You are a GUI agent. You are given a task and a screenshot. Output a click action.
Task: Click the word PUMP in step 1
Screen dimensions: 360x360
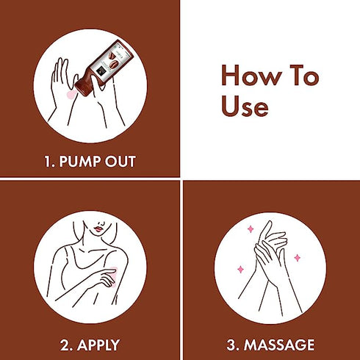click(x=80, y=162)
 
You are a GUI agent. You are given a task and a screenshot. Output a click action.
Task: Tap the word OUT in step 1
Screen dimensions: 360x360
click(x=120, y=162)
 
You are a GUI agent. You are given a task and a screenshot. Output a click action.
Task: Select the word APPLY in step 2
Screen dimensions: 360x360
click(x=98, y=345)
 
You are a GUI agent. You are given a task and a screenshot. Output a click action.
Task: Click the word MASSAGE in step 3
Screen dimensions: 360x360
click(x=279, y=345)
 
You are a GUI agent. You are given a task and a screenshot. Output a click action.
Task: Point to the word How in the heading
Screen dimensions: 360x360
click(x=251, y=76)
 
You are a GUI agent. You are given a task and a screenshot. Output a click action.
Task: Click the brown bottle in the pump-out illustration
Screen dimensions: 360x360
click(x=104, y=67)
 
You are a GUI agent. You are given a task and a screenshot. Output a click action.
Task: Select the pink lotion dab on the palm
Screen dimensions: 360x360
click(x=71, y=95)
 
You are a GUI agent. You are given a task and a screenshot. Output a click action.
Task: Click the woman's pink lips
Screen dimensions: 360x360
click(x=98, y=229)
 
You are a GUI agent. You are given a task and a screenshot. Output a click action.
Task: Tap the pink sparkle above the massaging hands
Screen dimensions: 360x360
click(x=251, y=229)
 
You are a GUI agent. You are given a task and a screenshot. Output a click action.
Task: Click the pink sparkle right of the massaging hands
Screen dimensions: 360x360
click(x=298, y=258)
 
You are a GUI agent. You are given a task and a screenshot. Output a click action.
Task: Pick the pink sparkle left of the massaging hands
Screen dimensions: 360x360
click(x=241, y=270)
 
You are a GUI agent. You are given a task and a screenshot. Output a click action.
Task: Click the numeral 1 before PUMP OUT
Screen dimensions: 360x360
click(x=48, y=162)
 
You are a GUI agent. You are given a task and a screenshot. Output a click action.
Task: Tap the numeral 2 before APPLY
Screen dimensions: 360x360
click(x=65, y=345)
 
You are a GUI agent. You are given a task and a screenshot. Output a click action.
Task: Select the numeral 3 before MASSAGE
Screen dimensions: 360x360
click(x=231, y=345)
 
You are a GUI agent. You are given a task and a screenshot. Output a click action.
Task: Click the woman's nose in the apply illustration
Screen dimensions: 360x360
click(x=101, y=223)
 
